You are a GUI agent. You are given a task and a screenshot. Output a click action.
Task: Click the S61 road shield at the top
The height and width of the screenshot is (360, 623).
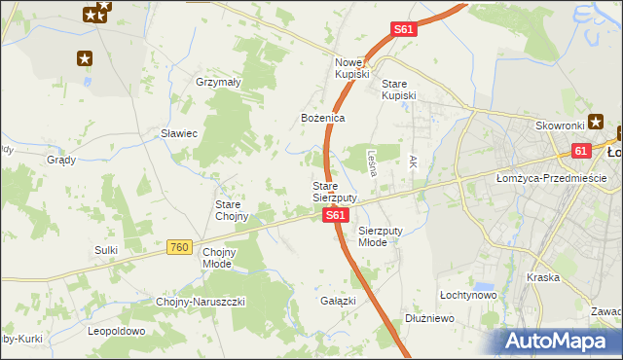(x=405, y=30)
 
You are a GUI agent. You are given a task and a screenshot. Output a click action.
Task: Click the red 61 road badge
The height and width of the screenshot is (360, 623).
(x=581, y=151)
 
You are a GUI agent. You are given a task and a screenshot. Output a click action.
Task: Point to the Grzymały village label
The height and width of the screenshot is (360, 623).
(x=218, y=83)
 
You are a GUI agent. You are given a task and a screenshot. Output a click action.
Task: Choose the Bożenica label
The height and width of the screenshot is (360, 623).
(x=322, y=118)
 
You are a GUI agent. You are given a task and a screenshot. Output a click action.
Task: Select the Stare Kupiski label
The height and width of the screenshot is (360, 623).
(x=398, y=90)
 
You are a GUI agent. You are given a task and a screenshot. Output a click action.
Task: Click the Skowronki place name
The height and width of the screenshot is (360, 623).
(x=559, y=126)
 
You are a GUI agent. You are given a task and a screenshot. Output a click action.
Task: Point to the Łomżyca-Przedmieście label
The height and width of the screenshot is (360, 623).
(x=551, y=178)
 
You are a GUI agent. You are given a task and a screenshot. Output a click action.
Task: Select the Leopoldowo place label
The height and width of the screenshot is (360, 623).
(x=117, y=331)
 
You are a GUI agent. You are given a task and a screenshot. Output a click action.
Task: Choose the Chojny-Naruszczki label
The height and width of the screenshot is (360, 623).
(x=202, y=302)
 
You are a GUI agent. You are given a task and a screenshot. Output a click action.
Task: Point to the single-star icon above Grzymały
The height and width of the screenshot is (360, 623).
(x=85, y=57)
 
